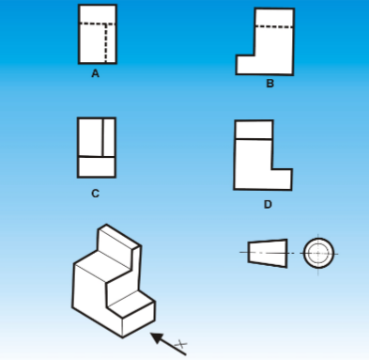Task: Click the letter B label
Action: (x=269, y=84)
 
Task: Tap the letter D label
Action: (x=269, y=203)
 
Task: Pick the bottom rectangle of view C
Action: (x=96, y=166)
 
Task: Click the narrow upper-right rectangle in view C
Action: (x=109, y=136)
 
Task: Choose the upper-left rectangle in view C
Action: (x=90, y=136)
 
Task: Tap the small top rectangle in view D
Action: (x=254, y=130)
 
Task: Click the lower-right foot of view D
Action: (x=282, y=179)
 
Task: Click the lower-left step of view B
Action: (x=246, y=65)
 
